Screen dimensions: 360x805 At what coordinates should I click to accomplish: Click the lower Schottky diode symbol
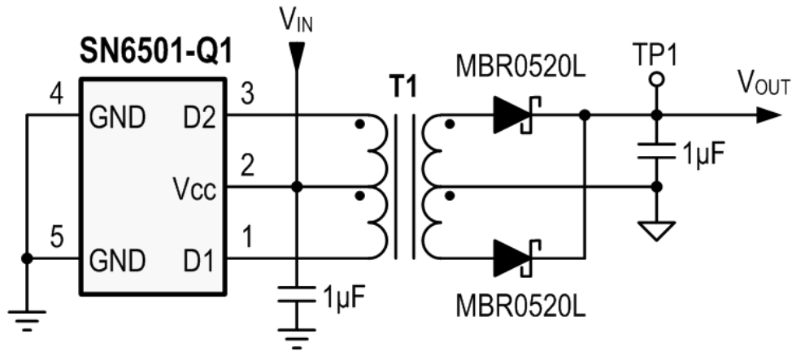511,258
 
